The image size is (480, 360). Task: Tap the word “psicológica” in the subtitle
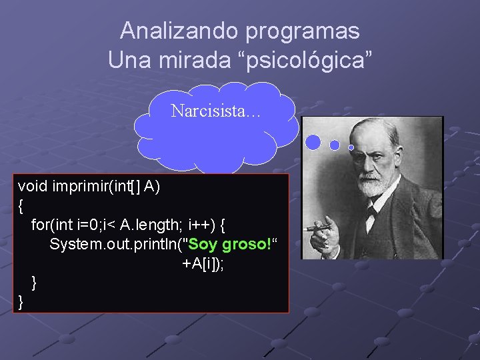click(x=313, y=59)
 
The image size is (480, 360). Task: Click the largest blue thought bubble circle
click(x=313, y=142)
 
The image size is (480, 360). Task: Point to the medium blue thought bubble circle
click(x=335, y=145)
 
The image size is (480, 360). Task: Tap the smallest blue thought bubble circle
click(x=351, y=147)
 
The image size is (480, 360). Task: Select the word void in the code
click(x=33, y=186)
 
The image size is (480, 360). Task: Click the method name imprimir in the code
click(x=81, y=186)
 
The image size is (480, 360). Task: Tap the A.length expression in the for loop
click(x=149, y=225)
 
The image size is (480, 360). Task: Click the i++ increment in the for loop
click(x=201, y=225)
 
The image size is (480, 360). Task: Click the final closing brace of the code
click(x=21, y=302)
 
